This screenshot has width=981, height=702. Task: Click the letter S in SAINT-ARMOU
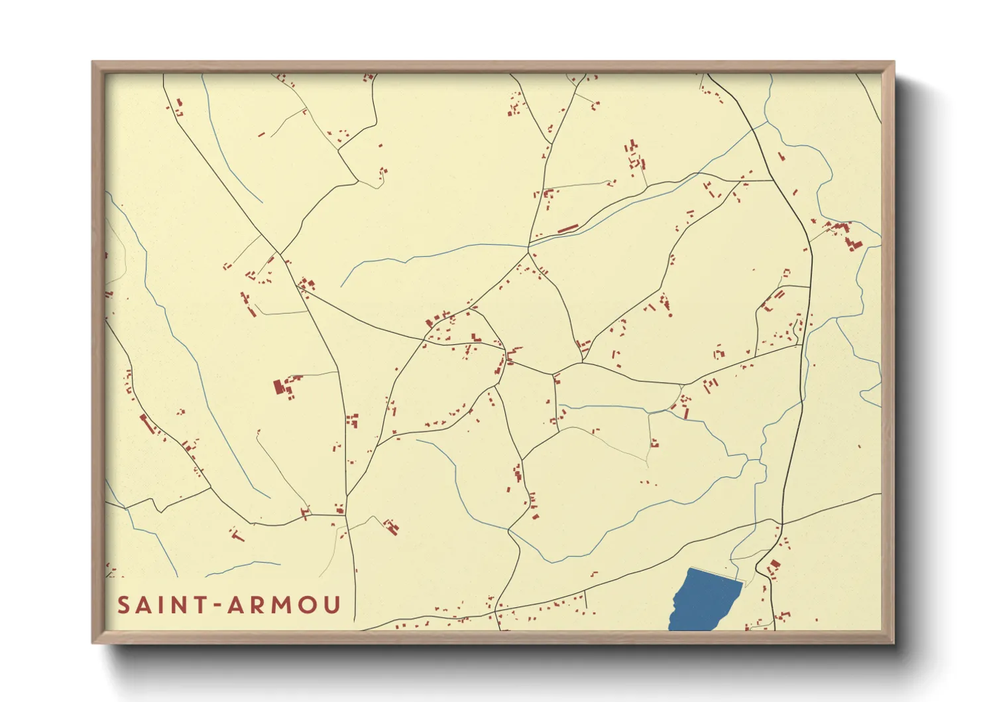click(124, 605)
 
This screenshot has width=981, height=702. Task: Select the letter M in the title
click(281, 605)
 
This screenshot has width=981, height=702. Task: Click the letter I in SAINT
click(161, 605)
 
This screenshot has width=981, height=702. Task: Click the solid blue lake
click(703, 600)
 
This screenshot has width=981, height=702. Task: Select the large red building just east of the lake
click(774, 567)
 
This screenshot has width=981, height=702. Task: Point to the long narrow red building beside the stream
click(568, 230)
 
